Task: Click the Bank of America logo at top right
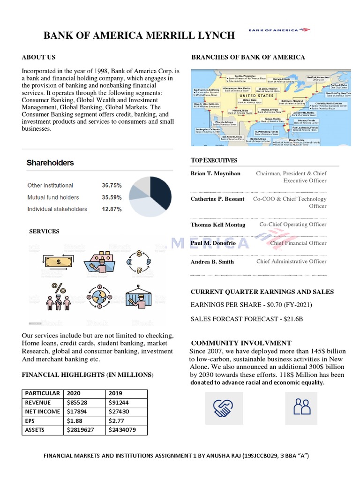[x=279, y=30]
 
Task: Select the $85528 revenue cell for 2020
[x=76, y=402]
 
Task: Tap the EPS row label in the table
[x=30, y=420]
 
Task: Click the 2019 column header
[x=115, y=393]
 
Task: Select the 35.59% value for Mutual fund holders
[x=112, y=197]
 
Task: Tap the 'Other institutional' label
[x=50, y=186]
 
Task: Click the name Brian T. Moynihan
[x=215, y=173]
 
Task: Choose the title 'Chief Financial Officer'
[x=298, y=243]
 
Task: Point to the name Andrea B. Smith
[x=212, y=262]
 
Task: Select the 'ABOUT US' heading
[x=38, y=57]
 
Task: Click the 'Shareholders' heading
[x=50, y=163]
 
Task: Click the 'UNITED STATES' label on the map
[x=257, y=96]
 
